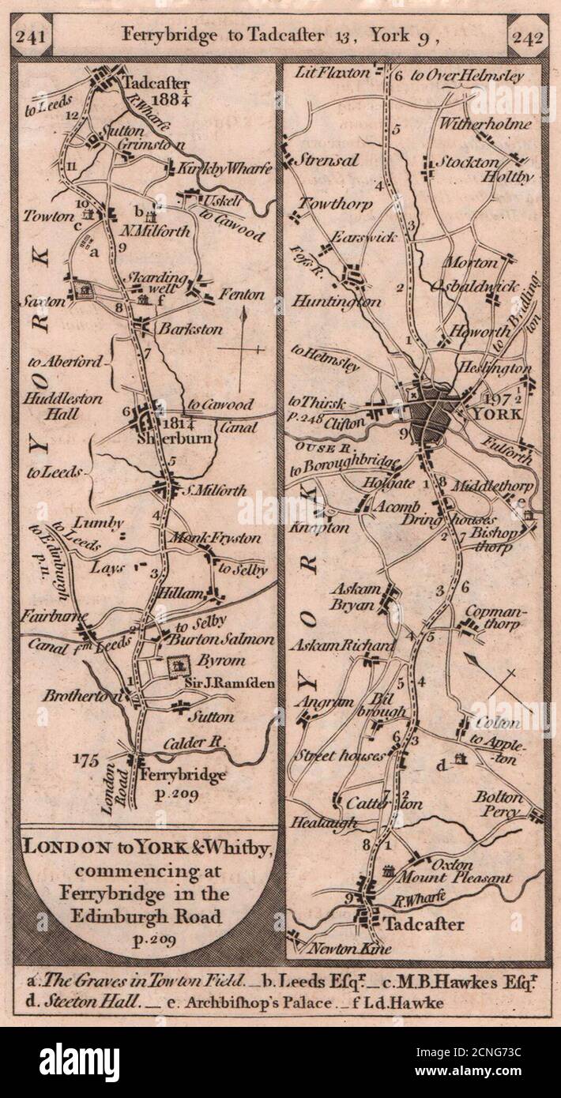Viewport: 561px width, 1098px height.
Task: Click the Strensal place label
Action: tap(328, 160)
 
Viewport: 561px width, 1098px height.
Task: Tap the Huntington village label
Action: tap(336, 301)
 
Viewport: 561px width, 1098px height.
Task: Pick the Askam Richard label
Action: tap(342, 646)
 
